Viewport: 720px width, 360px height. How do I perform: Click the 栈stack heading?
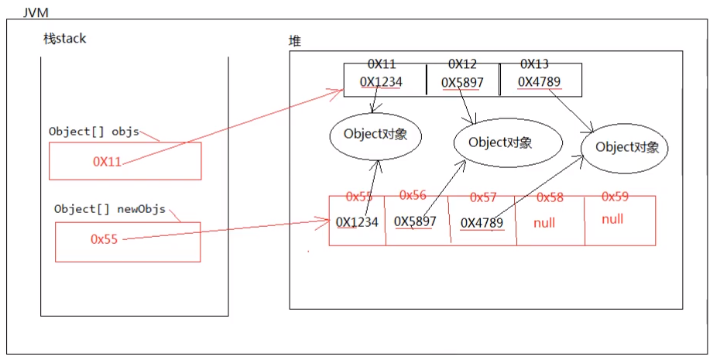click(x=65, y=39)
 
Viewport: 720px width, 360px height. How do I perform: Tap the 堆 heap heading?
click(x=295, y=42)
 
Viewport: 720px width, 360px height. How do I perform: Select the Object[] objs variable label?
click(x=93, y=131)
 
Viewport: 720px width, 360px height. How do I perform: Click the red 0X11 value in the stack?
click(x=107, y=162)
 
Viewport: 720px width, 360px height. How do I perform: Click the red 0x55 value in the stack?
click(x=104, y=239)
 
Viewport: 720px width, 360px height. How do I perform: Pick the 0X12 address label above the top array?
click(x=463, y=63)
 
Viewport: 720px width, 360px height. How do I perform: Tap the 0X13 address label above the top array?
click(x=535, y=63)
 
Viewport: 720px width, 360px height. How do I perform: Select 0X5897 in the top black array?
click(x=462, y=82)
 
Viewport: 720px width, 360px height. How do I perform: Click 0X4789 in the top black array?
click(x=539, y=81)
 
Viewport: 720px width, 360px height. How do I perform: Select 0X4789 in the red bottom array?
click(x=482, y=223)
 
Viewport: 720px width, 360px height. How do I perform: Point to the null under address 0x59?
click(x=612, y=219)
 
